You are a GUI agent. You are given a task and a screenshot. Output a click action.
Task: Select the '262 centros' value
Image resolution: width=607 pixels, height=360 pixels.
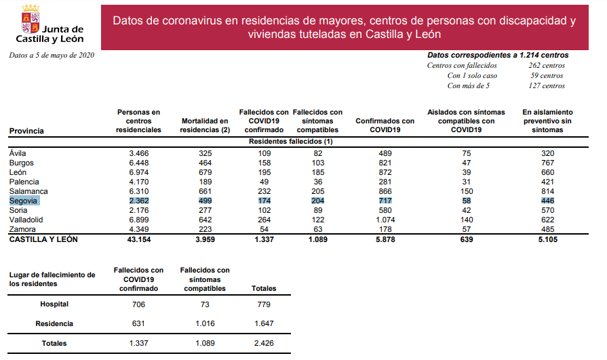click(x=547, y=66)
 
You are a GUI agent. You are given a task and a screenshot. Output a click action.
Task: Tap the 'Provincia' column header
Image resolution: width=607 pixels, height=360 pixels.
click(x=27, y=130)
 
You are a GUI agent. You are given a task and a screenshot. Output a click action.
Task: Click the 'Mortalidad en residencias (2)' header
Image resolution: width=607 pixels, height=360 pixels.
click(x=205, y=125)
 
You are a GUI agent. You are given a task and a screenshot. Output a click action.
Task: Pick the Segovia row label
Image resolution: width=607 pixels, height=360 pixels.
click(x=24, y=201)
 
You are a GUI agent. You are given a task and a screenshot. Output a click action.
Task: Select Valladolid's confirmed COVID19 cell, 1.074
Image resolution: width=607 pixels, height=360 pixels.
click(x=385, y=220)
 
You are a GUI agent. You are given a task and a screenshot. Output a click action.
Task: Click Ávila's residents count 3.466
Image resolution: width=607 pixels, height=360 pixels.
click(x=138, y=154)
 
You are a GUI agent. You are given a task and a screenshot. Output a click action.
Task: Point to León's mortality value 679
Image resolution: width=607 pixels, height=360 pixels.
click(x=205, y=173)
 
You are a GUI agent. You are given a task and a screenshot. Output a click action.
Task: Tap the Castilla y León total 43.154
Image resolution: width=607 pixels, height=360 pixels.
click(x=138, y=240)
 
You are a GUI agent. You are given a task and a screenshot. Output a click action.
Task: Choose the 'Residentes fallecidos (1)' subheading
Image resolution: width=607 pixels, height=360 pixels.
click(x=291, y=142)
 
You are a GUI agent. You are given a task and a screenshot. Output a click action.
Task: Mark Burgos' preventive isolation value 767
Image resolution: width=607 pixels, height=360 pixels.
click(x=548, y=163)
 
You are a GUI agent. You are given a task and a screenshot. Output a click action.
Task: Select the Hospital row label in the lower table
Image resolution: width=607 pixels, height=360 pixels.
click(x=54, y=304)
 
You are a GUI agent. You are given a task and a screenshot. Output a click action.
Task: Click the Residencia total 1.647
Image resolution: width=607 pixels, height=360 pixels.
click(x=264, y=324)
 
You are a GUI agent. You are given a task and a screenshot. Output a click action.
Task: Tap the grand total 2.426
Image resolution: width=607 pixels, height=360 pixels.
click(x=264, y=344)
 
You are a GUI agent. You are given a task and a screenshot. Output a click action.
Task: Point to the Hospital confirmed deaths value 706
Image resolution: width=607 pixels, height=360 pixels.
click(x=138, y=304)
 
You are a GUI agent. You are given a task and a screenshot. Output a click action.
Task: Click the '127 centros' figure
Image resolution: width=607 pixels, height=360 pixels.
click(x=547, y=86)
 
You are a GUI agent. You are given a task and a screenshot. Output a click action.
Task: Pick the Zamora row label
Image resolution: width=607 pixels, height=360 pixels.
click(x=23, y=230)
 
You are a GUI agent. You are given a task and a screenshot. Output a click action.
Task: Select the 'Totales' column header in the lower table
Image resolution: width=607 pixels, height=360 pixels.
click(x=264, y=288)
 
